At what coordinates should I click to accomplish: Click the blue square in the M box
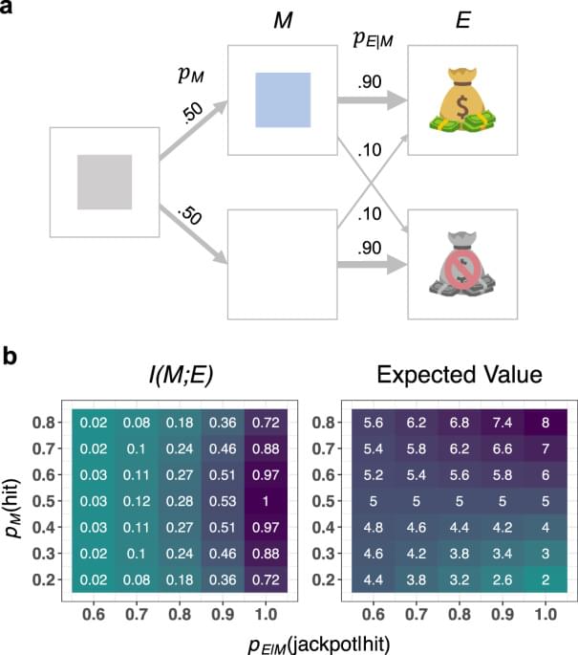pos(282,99)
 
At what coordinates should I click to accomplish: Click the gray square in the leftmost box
pos(104,181)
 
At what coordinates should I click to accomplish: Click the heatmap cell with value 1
pos(261,500)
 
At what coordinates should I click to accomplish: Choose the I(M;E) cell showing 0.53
pos(219,500)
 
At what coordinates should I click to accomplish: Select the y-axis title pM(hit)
pos(13,499)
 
